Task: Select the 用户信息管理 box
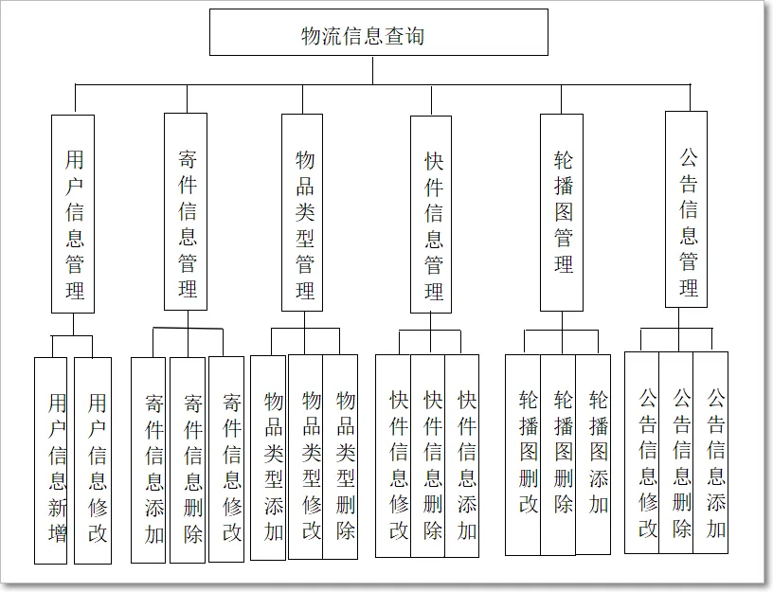[73, 213]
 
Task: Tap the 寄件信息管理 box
[186, 211]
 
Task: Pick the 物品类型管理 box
[302, 211]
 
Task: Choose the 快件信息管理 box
[431, 213]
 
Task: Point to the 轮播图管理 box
[562, 211]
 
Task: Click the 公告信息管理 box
[686, 208]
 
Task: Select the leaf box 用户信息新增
[51, 460]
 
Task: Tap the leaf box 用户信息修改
[93, 460]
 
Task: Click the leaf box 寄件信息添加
[149, 458]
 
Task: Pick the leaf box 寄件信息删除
[188, 458]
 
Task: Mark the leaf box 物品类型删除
[341, 456]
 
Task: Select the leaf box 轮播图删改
[523, 454]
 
